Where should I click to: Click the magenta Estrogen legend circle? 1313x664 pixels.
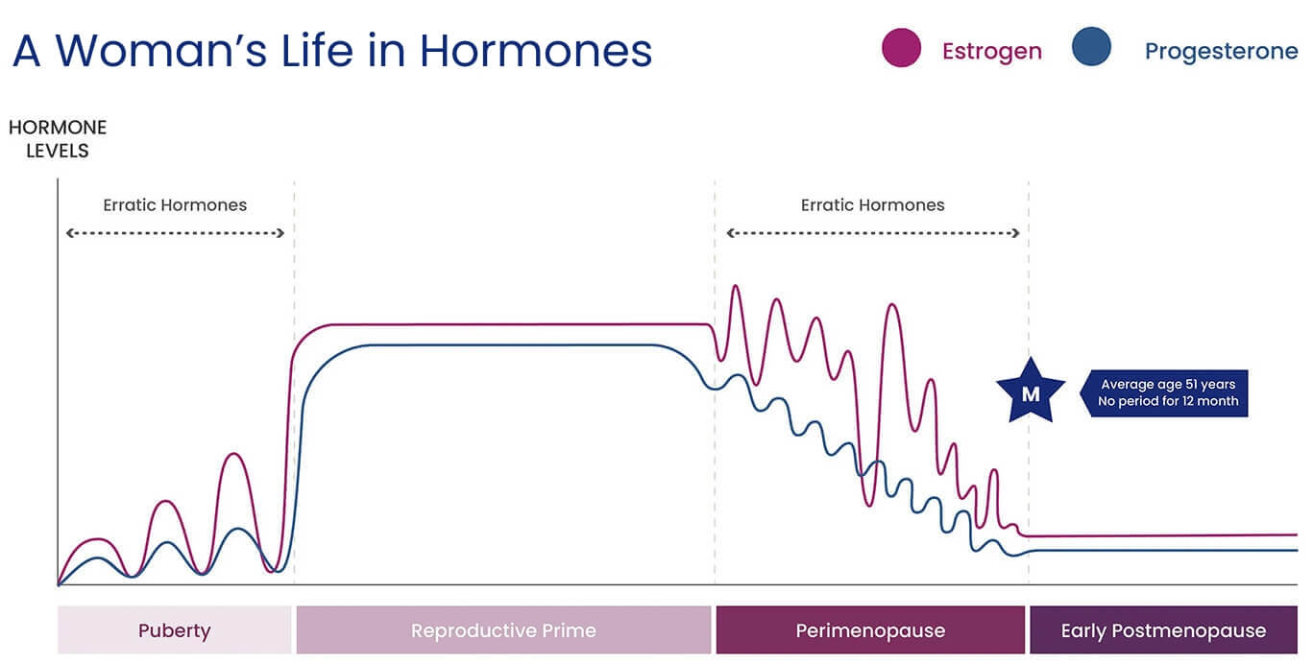coord(901,47)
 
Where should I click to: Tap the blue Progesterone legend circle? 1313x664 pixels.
coord(1091,46)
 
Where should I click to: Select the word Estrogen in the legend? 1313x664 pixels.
coord(992,52)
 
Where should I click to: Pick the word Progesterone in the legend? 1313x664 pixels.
coord(1221,52)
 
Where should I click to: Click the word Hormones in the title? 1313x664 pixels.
coord(535,51)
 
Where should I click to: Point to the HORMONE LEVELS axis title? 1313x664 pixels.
coord(58,139)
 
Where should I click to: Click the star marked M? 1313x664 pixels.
coord(1031,391)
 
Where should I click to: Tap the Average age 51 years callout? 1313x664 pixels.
coord(1164,392)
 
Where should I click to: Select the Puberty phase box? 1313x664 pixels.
coord(174,629)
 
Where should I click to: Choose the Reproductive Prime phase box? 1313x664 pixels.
coord(503,629)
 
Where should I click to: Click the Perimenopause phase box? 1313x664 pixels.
coord(870,629)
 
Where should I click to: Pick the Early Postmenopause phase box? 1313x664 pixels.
coord(1163,629)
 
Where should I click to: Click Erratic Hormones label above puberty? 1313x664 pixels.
coord(175,205)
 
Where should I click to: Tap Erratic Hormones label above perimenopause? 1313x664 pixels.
coord(873,205)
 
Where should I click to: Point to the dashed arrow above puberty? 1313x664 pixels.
coord(175,233)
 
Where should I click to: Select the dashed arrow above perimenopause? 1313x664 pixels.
coord(873,233)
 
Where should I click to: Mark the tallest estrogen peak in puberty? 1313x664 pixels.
coord(233,454)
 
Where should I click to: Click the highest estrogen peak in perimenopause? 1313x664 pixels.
coord(735,286)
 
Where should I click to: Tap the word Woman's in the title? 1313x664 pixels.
coord(161,51)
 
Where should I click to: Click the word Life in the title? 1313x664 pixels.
coord(317,51)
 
